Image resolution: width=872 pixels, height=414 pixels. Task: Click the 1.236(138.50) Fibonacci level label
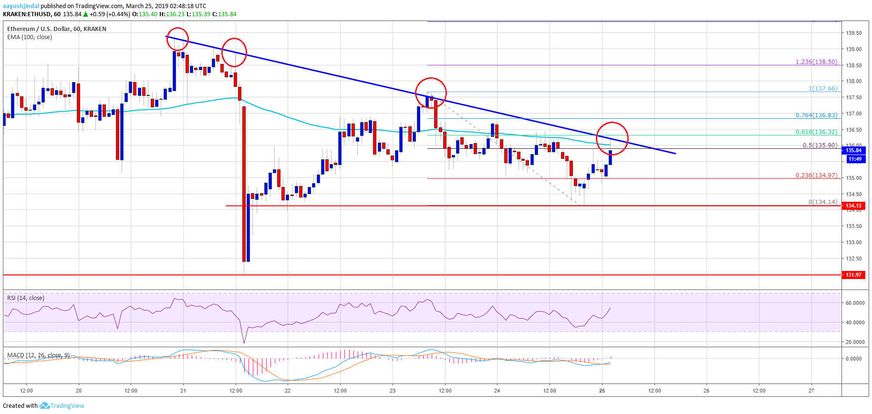tap(816, 62)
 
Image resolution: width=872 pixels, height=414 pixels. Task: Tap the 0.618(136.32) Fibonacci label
tap(816, 132)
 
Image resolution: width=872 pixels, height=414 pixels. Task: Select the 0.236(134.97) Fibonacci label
tap(816, 175)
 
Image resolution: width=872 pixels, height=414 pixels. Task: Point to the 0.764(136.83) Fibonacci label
tap(816, 115)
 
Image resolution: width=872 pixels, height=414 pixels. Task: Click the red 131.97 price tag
tap(853, 275)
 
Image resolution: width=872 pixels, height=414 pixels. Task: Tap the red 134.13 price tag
tap(853, 206)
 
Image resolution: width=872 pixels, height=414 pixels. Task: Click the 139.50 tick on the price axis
tap(854, 33)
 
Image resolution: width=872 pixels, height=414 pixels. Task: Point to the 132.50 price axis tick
tap(854, 259)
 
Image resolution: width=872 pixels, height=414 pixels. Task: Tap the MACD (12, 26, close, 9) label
tap(38, 355)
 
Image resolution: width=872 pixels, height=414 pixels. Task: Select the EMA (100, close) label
tap(30, 37)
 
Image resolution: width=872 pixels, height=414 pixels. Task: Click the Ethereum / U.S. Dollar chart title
tap(56, 29)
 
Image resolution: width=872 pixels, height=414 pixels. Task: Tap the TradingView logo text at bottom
tap(67, 406)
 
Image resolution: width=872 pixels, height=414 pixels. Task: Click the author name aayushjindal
tap(21, 6)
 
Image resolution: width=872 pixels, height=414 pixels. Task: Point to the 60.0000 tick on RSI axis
tap(855, 303)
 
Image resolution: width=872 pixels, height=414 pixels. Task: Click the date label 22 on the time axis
tap(288, 391)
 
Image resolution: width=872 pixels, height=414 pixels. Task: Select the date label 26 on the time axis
tap(706, 391)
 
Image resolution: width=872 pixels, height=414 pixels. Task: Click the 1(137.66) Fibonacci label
tap(823, 89)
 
